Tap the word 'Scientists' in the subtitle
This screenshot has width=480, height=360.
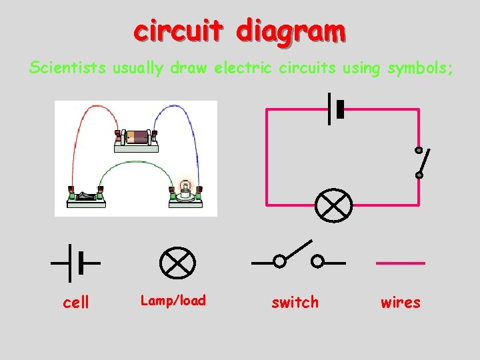coord(67,67)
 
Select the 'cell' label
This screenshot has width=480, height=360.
coord(75,303)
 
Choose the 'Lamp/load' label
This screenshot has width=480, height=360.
coord(173,301)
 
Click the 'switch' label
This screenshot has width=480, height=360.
coord(295,303)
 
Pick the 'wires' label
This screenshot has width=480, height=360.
coord(400,303)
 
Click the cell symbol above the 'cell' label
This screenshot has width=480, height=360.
coord(75,263)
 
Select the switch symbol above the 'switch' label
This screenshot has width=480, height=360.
coord(298,257)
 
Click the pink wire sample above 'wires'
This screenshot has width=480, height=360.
coord(400,263)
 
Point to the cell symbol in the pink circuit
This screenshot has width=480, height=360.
coord(335,108)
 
